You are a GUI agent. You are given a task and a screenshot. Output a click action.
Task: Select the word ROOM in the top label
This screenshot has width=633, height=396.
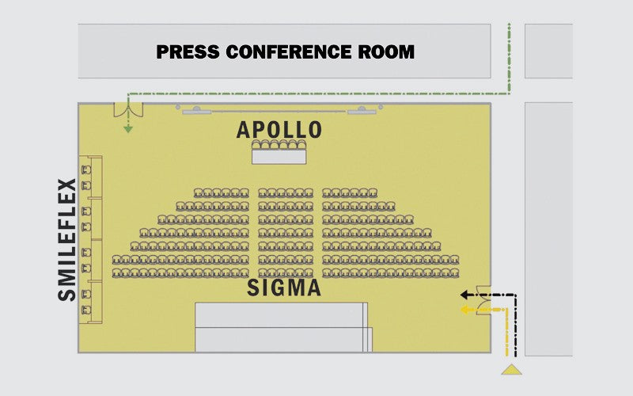(x=385, y=52)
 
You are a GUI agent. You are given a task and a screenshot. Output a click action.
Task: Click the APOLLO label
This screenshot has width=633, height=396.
(x=279, y=129)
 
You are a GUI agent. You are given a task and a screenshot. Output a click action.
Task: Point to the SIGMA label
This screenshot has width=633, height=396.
(x=284, y=287)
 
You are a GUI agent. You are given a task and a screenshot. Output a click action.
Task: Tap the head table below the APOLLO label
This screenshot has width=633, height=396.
(x=279, y=156)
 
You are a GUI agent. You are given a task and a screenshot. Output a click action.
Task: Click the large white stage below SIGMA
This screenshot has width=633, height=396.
(x=282, y=326)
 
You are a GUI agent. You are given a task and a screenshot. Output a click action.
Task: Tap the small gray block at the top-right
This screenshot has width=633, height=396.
(x=548, y=51)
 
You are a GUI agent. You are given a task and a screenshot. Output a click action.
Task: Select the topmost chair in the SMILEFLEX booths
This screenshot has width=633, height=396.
(x=86, y=169)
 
